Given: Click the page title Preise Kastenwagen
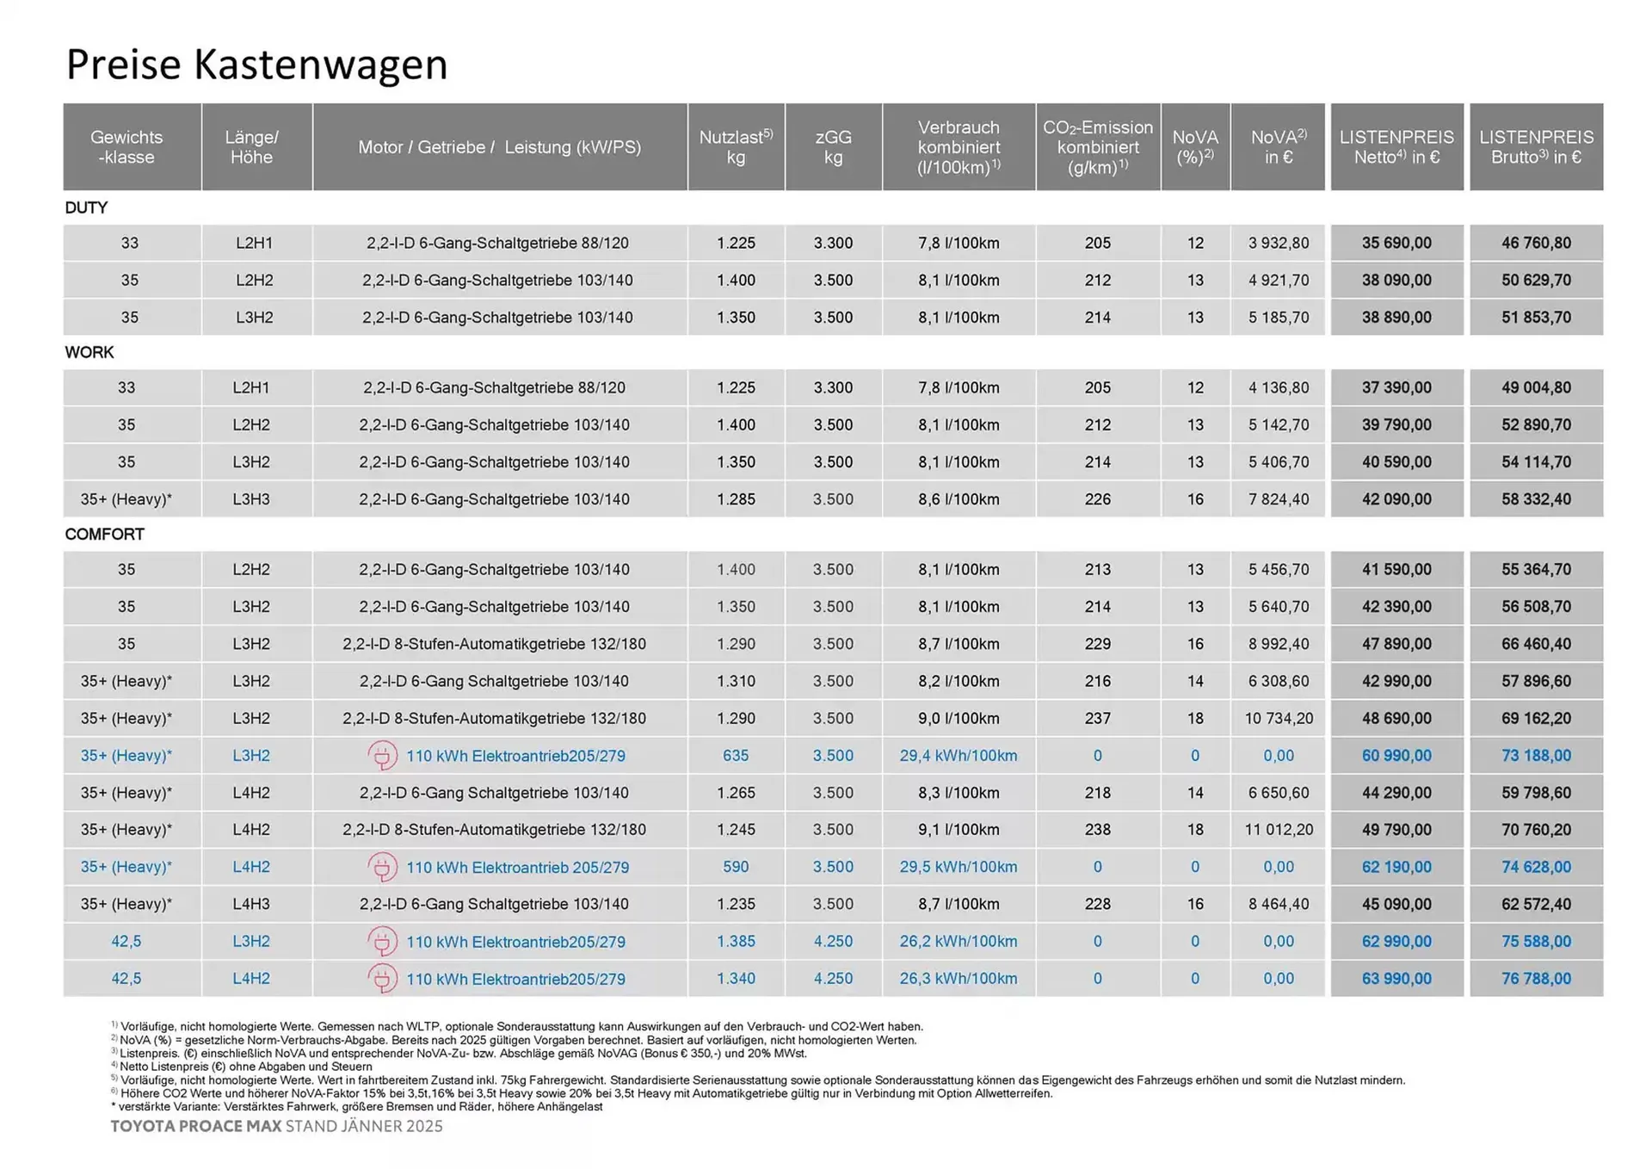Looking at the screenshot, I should click(x=256, y=65).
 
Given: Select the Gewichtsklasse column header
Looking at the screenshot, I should click(x=126, y=147).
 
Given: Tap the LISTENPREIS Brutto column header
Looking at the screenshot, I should click(x=1536, y=147).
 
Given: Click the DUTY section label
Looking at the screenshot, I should click(x=86, y=207).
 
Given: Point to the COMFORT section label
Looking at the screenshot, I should click(x=104, y=534).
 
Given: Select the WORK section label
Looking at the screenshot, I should click(x=89, y=352).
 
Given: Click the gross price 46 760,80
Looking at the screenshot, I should click(x=1536, y=243).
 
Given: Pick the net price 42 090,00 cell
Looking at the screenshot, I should click(x=1396, y=499).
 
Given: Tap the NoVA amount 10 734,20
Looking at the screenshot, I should click(x=1279, y=718).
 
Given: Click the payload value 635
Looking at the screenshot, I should click(x=736, y=755).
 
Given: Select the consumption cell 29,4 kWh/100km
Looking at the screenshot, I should click(x=959, y=755).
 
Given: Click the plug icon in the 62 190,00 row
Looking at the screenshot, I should click(x=382, y=867).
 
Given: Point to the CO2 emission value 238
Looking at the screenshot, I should click(x=1097, y=830).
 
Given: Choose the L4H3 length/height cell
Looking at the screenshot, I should click(x=251, y=904).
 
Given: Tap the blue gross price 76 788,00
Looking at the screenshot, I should click(x=1536, y=979).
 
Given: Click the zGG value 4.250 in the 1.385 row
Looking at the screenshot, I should click(x=833, y=941).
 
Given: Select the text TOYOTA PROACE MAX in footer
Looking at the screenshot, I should click(x=196, y=1126).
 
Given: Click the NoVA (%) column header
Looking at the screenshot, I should click(x=1195, y=147).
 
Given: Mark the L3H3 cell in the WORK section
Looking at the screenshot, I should click(x=251, y=499).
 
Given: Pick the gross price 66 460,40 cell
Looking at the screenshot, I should click(x=1536, y=644).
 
